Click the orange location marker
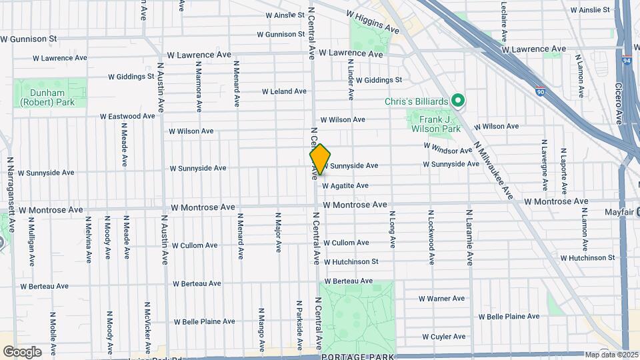pyautogui.click(x=320, y=159)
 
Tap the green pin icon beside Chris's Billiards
pyautogui.click(x=458, y=101)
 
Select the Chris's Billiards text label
pyautogui.click(x=417, y=101)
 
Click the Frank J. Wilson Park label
pyautogui.click(x=434, y=124)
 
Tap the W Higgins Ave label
pyautogui.click(x=372, y=22)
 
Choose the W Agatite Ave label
pyautogui.click(x=345, y=185)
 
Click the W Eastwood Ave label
pyautogui.click(x=127, y=116)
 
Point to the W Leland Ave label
pyautogui.click(x=284, y=91)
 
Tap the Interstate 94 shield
pyautogui.click(x=627, y=60)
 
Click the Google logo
pyautogui.click(x=22, y=351)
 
